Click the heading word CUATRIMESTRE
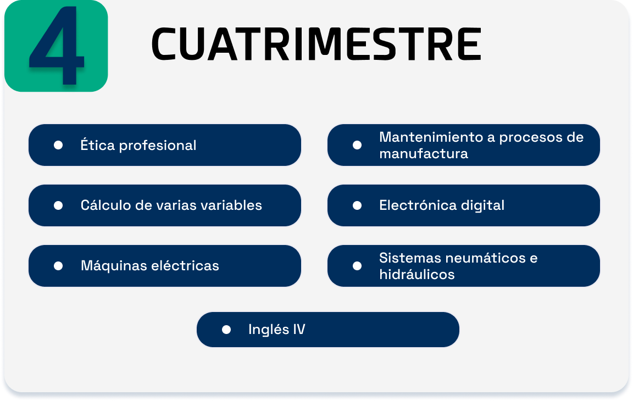316,44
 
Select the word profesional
158,146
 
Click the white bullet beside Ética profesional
58,145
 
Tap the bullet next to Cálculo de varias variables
58,205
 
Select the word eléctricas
185,265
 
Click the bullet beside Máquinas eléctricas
58,266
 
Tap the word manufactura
424,153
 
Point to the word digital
483,206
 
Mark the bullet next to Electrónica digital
357,205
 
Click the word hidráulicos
417,274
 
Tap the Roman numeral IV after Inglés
299,329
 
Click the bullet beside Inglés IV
226,330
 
